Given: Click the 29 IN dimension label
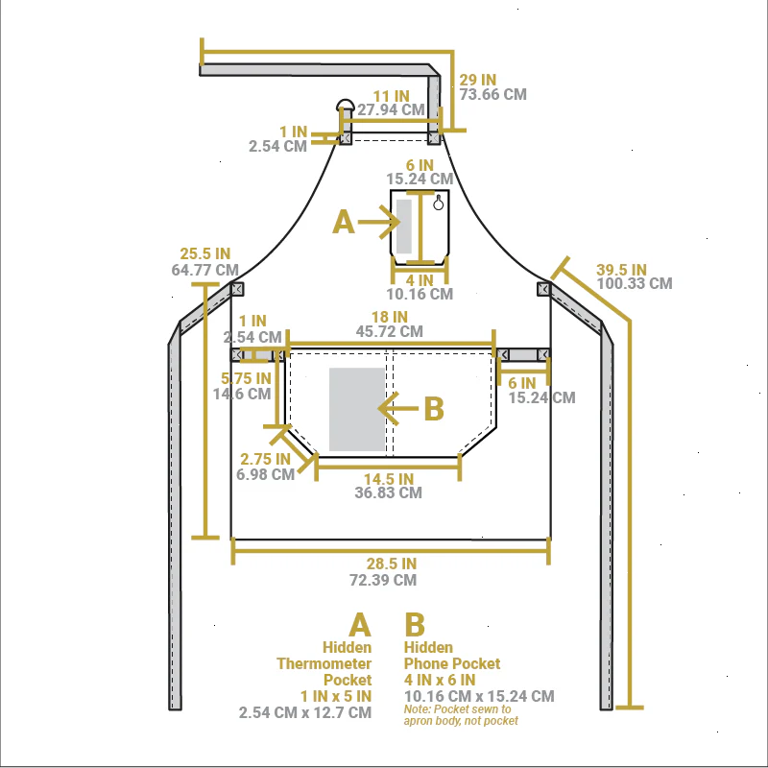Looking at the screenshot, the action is (x=477, y=80).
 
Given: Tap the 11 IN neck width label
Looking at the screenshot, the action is (x=392, y=96).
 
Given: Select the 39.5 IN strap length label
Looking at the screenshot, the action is (x=621, y=270).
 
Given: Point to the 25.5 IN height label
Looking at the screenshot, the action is (x=204, y=253).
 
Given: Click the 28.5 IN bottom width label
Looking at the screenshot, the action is (x=392, y=564).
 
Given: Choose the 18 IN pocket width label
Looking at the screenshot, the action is (x=390, y=317).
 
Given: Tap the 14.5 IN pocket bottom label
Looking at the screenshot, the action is (x=389, y=479).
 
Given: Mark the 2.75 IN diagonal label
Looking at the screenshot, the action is (x=265, y=459).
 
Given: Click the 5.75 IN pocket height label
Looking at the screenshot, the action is (x=246, y=378).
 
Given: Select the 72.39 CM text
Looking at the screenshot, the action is (x=383, y=580).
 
